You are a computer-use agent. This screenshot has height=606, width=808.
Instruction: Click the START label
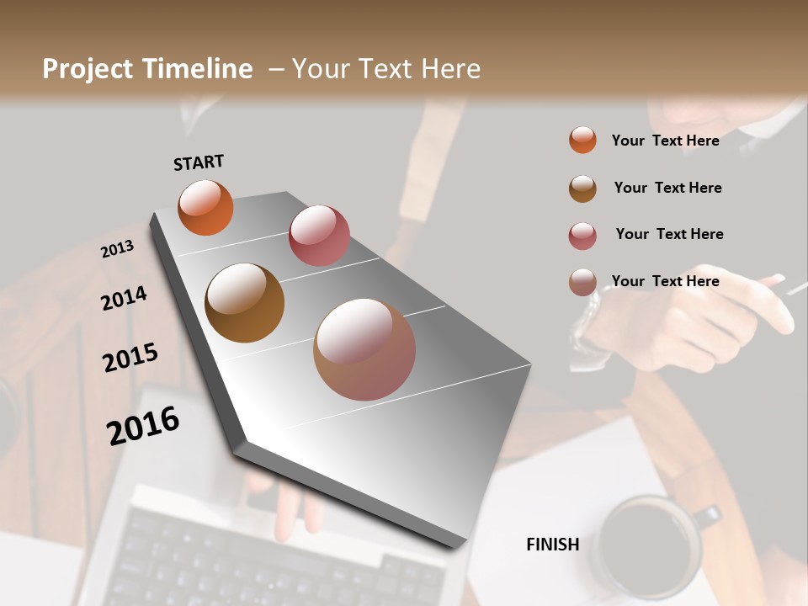[x=199, y=162]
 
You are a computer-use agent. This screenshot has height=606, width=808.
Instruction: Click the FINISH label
[x=553, y=545]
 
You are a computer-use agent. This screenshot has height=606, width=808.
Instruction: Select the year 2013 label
[x=117, y=249]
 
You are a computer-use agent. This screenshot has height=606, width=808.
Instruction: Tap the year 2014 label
[x=124, y=299]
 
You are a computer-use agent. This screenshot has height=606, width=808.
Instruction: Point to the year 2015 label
[x=130, y=358]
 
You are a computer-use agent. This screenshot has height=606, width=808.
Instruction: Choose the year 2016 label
[x=143, y=426]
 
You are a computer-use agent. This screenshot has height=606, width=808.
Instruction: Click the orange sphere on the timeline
[x=205, y=207]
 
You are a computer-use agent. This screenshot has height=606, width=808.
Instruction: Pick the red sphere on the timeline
[x=319, y=236]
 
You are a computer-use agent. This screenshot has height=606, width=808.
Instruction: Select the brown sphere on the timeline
[x=245, y=303]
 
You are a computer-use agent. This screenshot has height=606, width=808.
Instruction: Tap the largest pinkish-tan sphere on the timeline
[x=364, y=349]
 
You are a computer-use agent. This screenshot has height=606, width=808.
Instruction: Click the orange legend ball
[x=582, y=140]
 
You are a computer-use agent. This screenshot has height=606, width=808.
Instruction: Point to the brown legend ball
[x=582, y=189]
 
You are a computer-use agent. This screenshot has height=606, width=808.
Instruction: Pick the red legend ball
[x=582, y=236]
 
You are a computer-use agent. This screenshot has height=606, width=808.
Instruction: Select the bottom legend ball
[x=582, y=282]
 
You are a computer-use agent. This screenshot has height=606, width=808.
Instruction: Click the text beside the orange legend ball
[x=665, y=141]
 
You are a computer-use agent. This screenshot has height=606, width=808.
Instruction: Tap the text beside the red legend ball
[x=669, y=234]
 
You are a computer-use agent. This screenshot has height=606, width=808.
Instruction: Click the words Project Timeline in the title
[x=147, y=69]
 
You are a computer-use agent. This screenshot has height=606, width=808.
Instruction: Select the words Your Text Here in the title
[x=386, y=69]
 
